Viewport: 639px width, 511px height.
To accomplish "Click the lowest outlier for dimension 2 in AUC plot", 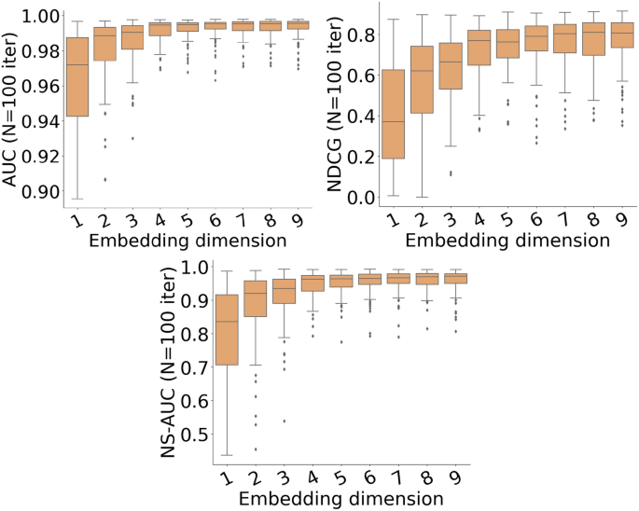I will pos(105,179).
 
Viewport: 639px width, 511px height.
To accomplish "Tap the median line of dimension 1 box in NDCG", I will pos(395,121).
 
